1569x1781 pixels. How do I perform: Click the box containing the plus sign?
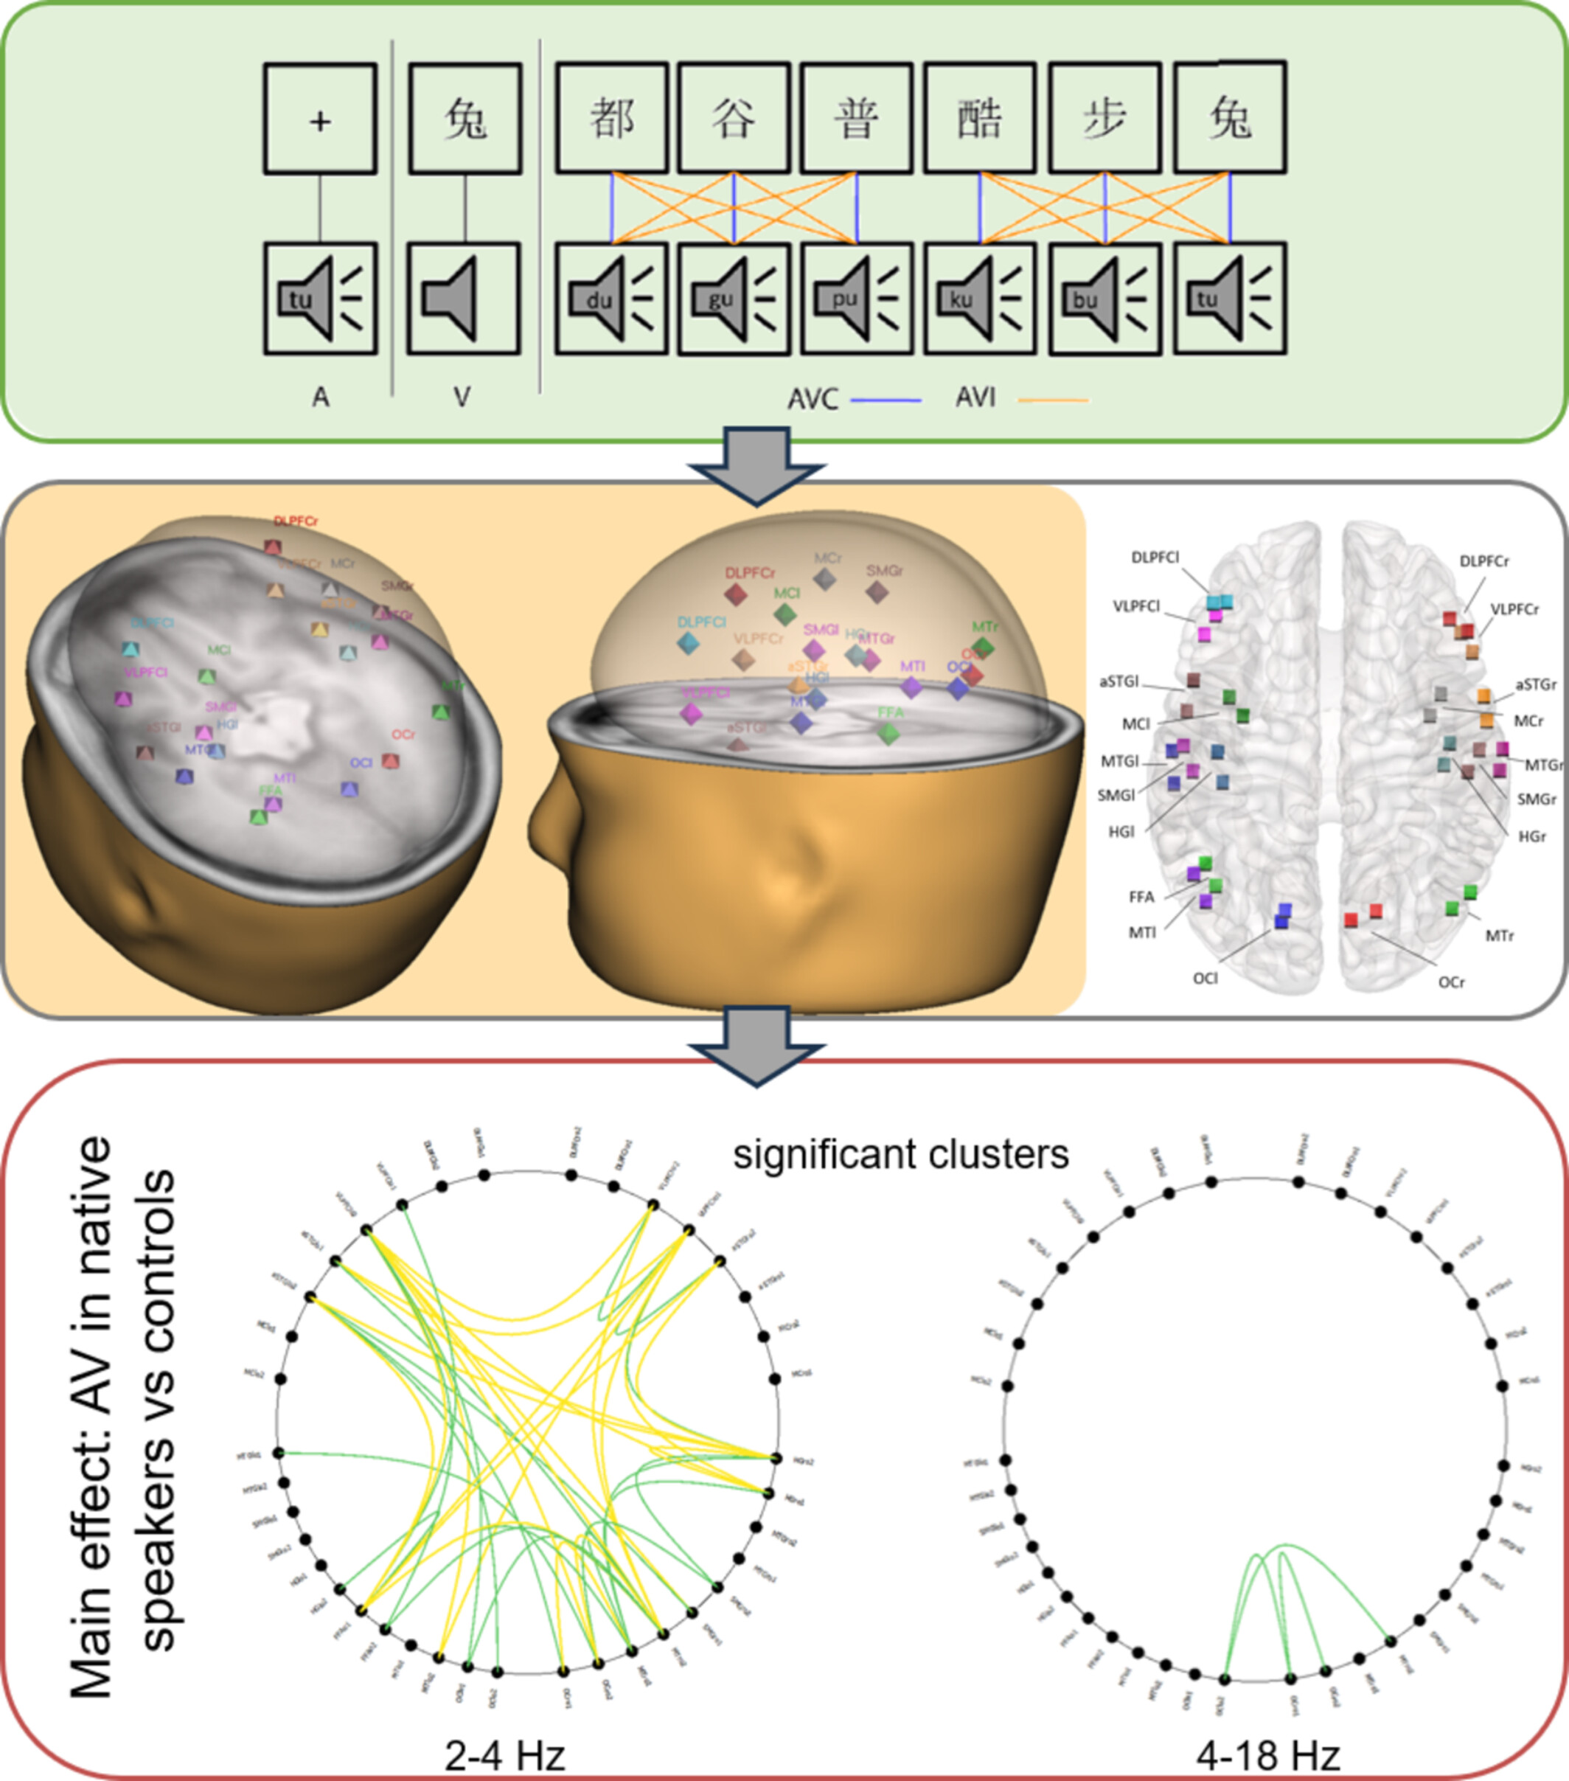pos(320,119)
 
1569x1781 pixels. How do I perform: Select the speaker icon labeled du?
pos(611,298)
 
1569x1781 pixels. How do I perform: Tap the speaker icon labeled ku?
pos(979,298)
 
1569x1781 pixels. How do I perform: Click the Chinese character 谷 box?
pos(734,118)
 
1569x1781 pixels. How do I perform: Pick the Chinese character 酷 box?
pos(979,118)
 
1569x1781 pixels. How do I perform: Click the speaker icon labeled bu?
pos(1104,299)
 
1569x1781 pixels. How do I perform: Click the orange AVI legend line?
pos(1054,400)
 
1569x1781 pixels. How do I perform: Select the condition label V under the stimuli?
pos(462,397)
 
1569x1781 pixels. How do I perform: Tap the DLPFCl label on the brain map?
pos(1155,558)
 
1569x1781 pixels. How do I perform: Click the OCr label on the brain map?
pos(1450,982)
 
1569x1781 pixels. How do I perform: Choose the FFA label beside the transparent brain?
pos(1141,897)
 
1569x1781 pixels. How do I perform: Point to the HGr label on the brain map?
pos(1531,836)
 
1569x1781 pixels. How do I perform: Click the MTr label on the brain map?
pos(1499,936)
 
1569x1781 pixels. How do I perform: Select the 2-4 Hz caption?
pos(504,1756)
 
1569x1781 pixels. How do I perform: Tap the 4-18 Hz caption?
pos(1267,1756)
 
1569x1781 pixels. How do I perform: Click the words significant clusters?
pos(900,1154)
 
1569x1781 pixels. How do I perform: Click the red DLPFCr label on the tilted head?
pos(296,521)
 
